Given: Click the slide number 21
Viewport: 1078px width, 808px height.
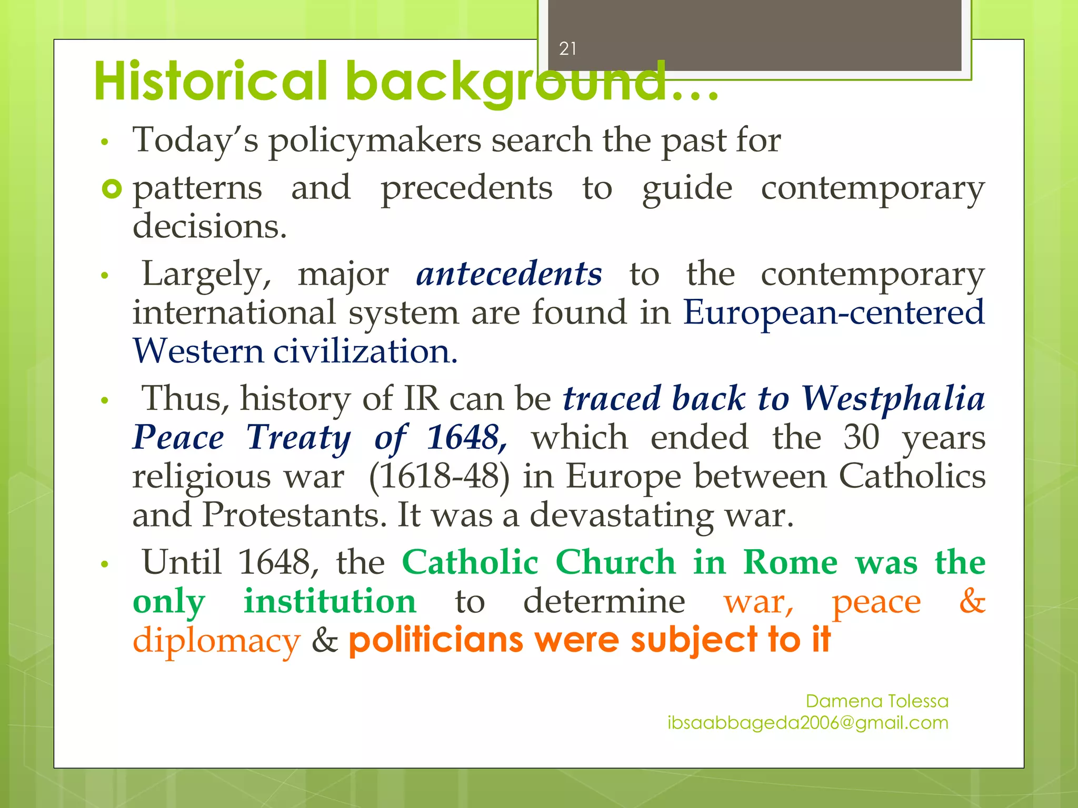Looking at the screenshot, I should (x=567, y=49).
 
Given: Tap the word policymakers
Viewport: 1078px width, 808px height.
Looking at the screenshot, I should (x=375, y=140).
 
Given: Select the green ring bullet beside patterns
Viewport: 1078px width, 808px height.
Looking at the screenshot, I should (x=112, y=188).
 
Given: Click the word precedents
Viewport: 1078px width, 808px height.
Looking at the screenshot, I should (x=466, y=188).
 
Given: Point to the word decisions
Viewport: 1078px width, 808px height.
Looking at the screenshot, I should (x=209, y=226).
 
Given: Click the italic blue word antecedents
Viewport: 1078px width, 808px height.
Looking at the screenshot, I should (x=509, y=274).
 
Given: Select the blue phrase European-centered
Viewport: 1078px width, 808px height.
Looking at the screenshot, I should (x=834, y=312).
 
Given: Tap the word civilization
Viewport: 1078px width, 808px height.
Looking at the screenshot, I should (x=365, y=351).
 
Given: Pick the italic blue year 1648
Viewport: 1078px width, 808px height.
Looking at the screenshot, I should (x=466, y=437).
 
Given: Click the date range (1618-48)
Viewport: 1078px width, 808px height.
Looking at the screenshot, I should (x=440, y=476).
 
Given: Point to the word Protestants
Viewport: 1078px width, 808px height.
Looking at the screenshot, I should (x=298, y=514).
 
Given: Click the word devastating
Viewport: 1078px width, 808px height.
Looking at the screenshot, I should (x=621, y=514).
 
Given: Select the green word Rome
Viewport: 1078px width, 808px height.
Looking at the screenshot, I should (x=790, y=562).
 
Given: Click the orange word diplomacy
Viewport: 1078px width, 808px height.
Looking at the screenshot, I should (x=216, y=641).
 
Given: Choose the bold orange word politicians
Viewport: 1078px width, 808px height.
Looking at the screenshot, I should (x=436, y=640).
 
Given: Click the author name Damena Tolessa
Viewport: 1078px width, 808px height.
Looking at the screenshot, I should (x=877, y=701).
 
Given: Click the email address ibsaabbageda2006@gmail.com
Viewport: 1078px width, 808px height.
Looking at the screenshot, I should (x=808, y=723).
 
